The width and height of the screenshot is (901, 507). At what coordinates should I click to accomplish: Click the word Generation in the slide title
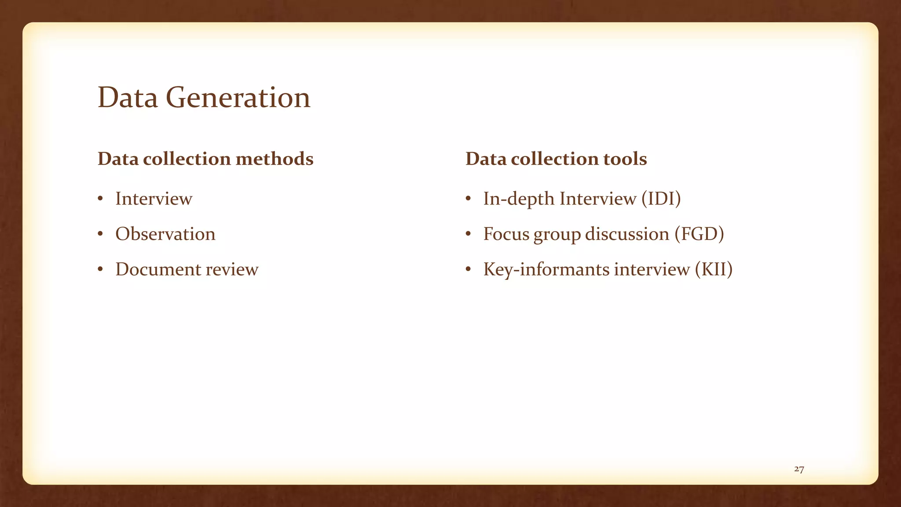point(238,97)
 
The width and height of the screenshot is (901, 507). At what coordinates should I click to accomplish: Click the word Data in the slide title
point(128,97)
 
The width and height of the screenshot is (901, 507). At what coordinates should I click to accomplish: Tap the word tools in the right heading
point(625,159)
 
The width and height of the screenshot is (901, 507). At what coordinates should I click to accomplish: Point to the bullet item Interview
point(154,198)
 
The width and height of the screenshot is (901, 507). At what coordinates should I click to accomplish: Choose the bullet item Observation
point(165,234)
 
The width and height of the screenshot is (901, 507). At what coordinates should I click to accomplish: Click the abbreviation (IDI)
point(661,198)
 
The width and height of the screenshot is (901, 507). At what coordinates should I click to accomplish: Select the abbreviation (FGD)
point(699,234)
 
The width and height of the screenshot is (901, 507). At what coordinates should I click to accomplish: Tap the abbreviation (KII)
point(714,269)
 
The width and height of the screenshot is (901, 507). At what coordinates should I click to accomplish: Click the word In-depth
point(519,198)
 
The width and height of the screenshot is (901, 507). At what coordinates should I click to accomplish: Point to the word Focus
point(506,234)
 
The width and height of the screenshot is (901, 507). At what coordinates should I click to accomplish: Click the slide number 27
point(799,469)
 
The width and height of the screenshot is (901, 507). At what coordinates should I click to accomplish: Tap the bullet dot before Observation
point(101,234)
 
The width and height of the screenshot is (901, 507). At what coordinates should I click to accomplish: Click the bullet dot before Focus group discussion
point(469,234)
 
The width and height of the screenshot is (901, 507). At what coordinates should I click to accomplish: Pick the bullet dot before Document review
point(101,269)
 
